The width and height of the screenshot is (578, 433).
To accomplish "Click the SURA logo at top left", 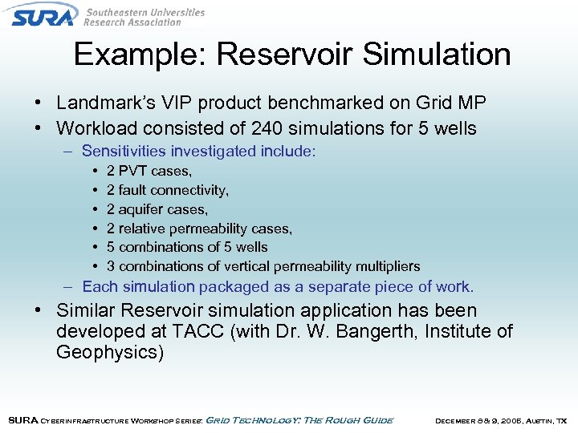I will [44, 16].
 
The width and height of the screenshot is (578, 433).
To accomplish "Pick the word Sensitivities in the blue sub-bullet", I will [124, 151].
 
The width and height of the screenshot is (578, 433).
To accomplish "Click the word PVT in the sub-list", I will [132, 171].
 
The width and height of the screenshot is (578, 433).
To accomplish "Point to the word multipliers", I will [386, 266].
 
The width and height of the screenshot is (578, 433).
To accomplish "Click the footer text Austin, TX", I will [543, 420].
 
